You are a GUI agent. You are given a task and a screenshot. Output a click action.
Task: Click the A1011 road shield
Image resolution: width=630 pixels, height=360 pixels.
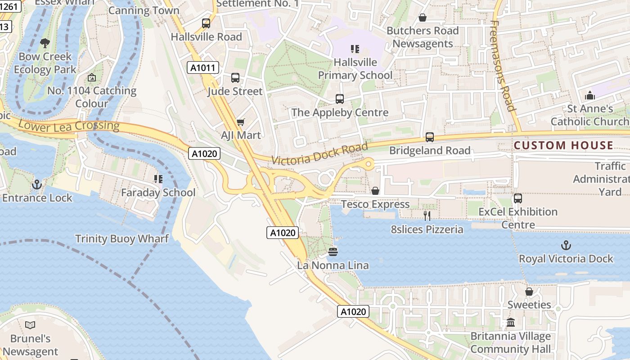[x=203, y=68]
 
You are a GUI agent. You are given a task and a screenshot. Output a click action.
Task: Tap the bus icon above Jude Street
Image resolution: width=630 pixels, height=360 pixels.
[x=235, y=78]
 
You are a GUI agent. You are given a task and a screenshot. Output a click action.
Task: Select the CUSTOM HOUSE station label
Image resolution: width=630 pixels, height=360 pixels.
[x=563, y=145]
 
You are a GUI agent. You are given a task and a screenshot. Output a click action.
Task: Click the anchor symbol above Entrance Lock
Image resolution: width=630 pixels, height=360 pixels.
[x=37, y=184]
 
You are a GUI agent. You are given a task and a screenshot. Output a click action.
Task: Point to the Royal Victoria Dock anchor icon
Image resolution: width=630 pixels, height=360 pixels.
[x=566, y=245]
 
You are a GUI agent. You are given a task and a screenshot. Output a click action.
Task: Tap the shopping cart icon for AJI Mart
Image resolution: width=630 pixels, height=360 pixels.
[x=241, y=122]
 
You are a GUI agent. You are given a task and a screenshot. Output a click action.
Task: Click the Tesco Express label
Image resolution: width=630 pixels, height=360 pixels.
[x=375, y=204]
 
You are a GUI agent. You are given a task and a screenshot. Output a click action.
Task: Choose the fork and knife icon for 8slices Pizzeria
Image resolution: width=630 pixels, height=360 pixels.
[x=427, y=216]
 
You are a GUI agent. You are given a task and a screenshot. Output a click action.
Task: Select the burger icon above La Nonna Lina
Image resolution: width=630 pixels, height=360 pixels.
[x=333, y=252]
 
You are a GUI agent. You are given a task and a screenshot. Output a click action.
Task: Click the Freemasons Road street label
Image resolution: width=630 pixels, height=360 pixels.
[x=502, y=66]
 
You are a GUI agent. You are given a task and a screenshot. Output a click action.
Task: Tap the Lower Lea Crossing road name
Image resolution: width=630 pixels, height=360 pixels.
[x=68, y=126]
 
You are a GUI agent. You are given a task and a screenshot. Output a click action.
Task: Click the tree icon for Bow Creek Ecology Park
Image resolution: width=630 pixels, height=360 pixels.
[x=45, y=43]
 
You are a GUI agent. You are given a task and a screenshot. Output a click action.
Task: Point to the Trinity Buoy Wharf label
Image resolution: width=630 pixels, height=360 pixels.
[x=122, y=238]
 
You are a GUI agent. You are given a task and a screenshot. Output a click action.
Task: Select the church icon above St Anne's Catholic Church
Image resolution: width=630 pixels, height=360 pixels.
[x=589, y=95]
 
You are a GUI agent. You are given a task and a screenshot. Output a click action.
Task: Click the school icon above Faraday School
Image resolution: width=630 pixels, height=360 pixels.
[x=158, y=179]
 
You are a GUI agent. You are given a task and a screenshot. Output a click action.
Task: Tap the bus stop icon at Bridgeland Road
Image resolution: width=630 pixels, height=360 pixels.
[x=430, y=137]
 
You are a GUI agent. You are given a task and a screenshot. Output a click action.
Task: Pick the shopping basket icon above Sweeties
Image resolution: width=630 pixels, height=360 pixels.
[x=529, y=292]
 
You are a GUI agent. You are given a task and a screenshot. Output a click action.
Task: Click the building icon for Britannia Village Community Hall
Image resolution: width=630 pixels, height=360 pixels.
[x=511, y=323]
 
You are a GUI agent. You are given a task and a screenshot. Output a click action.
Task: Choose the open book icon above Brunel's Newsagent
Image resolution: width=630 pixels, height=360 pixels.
[x=30, y=325]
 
